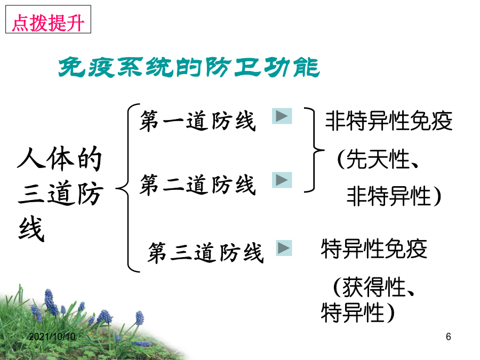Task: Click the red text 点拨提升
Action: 48,22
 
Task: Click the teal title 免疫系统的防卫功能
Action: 189,67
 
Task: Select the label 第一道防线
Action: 197,121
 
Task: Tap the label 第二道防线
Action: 197,185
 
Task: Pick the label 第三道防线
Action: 205,253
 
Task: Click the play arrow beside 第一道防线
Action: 282,116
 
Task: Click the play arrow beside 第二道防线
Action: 282,180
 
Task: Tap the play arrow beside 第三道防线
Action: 284,248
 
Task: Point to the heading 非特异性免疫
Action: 389,121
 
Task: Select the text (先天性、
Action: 378,159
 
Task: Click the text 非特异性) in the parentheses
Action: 394,196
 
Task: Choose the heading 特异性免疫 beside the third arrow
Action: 374,249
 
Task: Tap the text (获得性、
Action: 373,287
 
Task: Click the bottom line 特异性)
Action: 357,313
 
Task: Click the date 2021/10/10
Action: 52,337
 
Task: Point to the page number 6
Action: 449,337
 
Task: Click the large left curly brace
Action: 128,187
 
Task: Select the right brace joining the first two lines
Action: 314,150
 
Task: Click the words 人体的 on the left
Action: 59,158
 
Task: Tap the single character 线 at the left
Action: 31,229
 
